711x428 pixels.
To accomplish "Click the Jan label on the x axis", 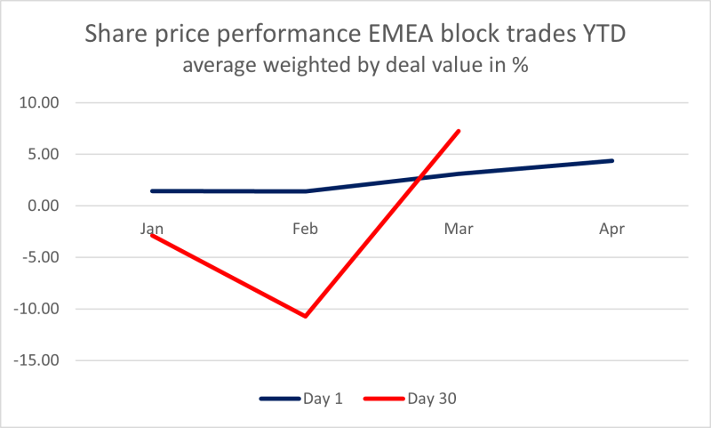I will tap(151, 229).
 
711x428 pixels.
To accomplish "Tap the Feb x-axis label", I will tap(306, 229).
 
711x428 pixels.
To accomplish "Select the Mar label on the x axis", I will tap(459, 229).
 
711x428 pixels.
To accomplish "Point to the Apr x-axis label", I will tap(612, 229).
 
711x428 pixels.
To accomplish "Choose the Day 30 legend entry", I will tap(432, 398).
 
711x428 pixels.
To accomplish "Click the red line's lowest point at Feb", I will tap(306, 316).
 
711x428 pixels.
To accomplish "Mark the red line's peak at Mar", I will tap(459, 131).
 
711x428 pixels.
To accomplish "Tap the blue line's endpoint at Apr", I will tap(612, 160).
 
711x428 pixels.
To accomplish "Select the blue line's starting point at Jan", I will tap(152, 190).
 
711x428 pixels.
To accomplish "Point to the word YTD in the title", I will tap(602, 36).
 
